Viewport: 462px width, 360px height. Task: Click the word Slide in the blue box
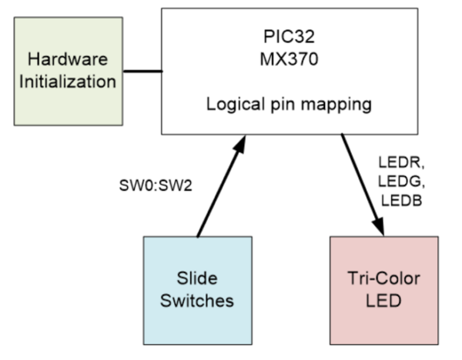point(198,279)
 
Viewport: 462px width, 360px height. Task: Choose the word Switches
point(198,300)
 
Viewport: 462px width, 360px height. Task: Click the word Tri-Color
point(383,279)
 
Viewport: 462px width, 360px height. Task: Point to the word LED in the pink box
point(383,300)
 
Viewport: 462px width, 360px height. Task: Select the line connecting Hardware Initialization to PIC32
point(142,72)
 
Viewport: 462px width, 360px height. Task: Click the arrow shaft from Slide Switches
point(219,192)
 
